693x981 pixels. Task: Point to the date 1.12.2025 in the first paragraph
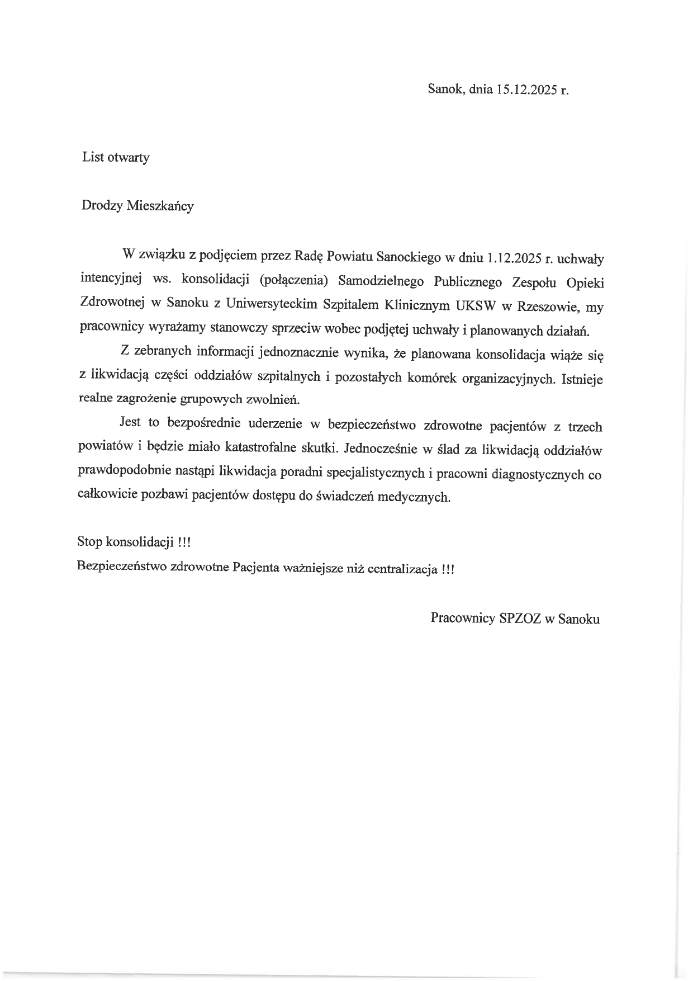tap(512, 258)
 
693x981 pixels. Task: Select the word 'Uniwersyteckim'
tap(272, 304)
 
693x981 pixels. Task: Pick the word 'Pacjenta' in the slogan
tap(256, 567)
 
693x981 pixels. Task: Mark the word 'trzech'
tap(585, 427)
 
